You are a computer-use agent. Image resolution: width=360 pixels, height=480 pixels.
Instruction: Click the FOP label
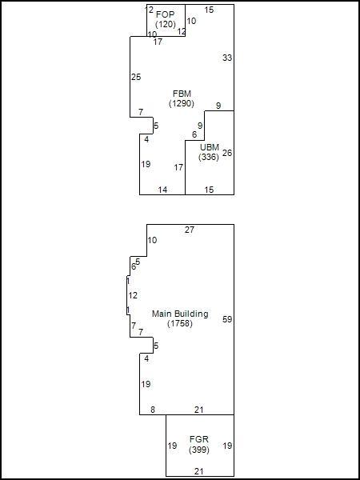coord(166,14)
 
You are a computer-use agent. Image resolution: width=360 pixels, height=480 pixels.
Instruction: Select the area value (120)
coord(166,24)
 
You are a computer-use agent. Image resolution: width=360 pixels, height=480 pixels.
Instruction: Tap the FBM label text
coord(182,94)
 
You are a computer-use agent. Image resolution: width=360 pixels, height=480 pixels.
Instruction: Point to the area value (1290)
coord(182,103)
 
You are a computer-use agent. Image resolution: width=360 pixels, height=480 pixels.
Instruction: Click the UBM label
coord(210,147)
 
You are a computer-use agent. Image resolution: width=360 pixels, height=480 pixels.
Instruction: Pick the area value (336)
coord(209,157)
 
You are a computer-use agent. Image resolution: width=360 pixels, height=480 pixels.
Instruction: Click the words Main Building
coord(180,314)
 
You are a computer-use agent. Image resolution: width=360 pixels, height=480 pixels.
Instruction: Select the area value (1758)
coord(180,323)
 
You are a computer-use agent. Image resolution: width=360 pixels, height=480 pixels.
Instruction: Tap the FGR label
coord(199,439)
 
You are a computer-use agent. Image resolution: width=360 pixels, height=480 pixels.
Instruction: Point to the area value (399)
coord(199,450)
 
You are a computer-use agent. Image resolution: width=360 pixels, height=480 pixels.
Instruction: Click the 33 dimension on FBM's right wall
coord(227,58)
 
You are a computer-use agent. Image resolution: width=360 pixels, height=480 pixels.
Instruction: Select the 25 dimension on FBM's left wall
coord(136,77)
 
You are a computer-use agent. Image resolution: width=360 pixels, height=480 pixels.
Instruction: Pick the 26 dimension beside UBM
coord(227,153)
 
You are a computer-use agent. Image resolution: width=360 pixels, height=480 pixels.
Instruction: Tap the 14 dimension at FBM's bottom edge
coord(163,190)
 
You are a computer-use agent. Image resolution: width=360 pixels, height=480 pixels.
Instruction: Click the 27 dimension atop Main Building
coord(190,230)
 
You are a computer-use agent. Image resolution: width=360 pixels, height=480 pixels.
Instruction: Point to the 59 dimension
coord(227,319)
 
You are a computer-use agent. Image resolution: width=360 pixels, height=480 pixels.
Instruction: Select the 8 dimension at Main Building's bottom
coord(153,410)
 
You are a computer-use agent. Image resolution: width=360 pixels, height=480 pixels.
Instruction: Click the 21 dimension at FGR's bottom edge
coord(199,471)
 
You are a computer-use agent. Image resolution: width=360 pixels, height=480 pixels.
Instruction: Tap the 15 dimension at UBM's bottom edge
coord(209,190)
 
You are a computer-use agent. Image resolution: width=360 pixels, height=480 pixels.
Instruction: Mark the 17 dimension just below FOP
coord(158,42)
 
